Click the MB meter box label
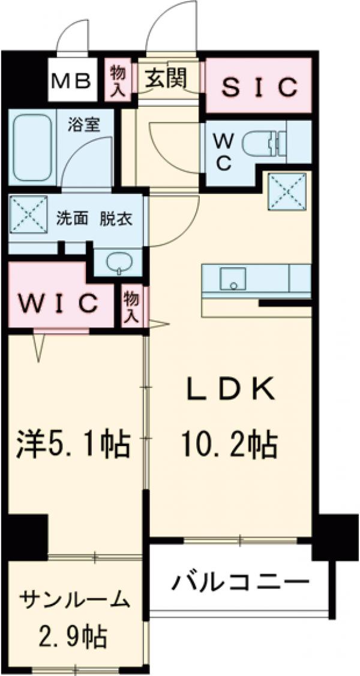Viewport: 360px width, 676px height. tap(71, 80)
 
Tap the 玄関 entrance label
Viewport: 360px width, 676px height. tap(166, 79)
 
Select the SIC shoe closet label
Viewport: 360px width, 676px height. tap(259, 87)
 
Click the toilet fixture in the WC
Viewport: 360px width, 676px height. tap(263, 143)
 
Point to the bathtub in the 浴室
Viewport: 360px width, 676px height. tap(32, 147)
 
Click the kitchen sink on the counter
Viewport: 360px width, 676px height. tap(233, 279)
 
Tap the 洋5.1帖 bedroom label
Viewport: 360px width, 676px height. tap(74, 444)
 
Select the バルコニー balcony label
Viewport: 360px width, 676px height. tap(241, 584)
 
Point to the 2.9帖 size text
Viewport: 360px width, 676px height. tap(71, 634)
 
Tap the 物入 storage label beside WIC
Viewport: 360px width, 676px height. tap(132, 307)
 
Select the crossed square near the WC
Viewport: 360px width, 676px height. tap(287, 191)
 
